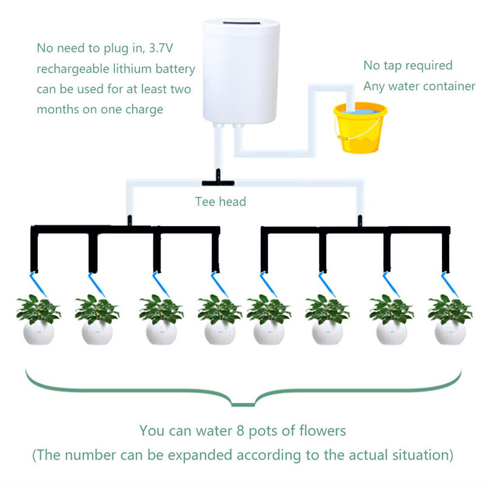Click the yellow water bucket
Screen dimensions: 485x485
tap(360, 129)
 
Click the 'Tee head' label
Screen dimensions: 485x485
tap(220, 201)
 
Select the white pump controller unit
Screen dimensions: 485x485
tap(241, 71)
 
